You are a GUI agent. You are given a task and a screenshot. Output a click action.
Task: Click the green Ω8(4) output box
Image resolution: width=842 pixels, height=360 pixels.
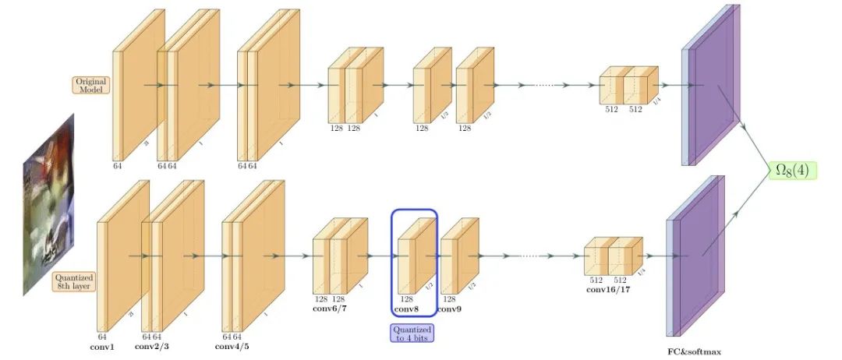[792, 171]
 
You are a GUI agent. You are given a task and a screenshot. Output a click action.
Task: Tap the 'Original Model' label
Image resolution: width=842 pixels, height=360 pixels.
[90, 85]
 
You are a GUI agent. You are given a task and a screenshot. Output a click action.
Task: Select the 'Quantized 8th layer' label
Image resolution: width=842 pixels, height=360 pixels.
[74, 281]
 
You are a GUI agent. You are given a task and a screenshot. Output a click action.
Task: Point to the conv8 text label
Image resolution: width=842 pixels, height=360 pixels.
[407, 309]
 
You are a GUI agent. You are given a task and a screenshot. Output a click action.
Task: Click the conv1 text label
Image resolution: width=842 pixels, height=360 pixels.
[101, 346]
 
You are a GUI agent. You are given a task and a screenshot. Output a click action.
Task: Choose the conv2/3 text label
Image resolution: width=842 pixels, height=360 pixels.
[151, 346]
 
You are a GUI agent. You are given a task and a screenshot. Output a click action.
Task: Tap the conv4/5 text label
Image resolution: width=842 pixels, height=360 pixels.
[232, 346]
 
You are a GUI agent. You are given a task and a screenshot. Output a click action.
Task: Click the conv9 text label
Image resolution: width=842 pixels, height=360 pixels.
[449, 309]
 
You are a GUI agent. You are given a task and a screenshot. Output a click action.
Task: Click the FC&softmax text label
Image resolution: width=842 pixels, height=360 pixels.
[694, 352]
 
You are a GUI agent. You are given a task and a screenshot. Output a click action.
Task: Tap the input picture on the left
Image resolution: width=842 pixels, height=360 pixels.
[48, 204]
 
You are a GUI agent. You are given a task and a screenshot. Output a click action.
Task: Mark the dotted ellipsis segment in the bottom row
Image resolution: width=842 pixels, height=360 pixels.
[529, 255]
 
